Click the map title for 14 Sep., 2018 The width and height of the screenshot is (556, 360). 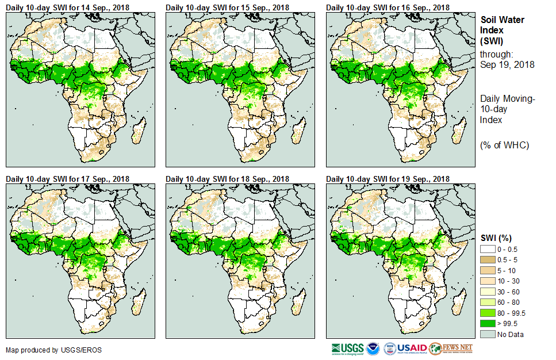coord(68,7)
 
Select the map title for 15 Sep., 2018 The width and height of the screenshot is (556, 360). coord(228,7)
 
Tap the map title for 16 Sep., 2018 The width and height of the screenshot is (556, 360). coord(388,7)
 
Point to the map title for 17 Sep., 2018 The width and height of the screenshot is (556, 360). coord(68,179)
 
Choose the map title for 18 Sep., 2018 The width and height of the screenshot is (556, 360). coord(228,179)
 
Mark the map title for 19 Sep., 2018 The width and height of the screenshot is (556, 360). coord(388,179)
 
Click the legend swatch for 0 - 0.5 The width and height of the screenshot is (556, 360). coord(489,249)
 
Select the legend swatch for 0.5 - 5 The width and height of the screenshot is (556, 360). coord(489,260)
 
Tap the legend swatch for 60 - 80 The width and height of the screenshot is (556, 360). coord(489,302)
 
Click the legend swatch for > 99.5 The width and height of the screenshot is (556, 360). coord(489,323)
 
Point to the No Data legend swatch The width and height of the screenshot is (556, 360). coord(489,334)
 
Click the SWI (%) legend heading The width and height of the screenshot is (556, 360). coord(496,238)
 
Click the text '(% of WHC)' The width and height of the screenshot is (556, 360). coord(504,145)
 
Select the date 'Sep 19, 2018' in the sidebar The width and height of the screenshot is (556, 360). coord(507,64)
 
